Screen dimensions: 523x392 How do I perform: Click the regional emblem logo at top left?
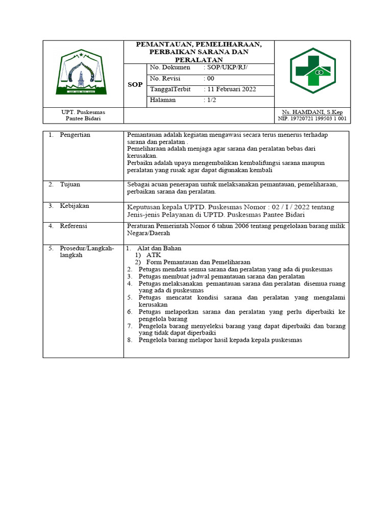click(82, 74)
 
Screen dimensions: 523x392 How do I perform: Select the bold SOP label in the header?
click(135, 85)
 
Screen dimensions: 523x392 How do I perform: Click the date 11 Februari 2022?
click(230, 89)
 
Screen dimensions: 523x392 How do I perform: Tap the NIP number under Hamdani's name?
click(312, 118)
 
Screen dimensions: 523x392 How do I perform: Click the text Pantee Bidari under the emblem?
click(83, 118)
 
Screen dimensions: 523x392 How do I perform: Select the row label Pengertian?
click(75, 135)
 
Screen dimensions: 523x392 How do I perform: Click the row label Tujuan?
click(70, 184)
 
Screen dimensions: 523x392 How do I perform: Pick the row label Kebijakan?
click(75, 206)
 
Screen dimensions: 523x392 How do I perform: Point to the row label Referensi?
click(73, 226)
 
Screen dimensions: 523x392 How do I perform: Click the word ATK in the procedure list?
click(153, 255)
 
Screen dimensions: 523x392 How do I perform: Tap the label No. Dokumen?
click(170, 67)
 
